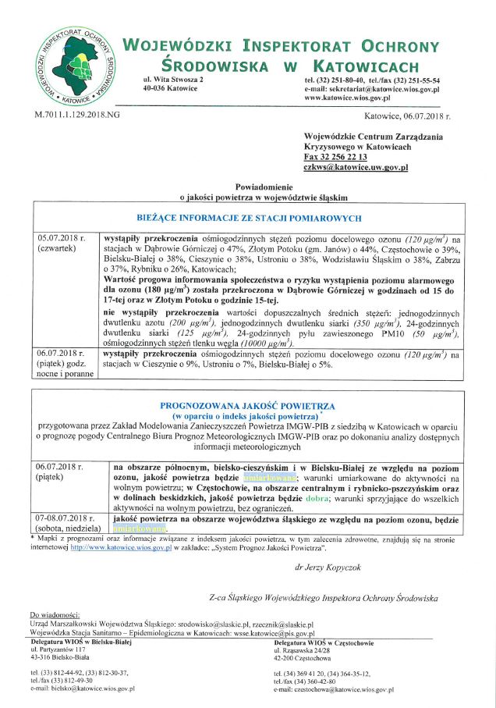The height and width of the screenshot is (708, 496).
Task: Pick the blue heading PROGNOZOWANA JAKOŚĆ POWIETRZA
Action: click(x=247, y=406)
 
